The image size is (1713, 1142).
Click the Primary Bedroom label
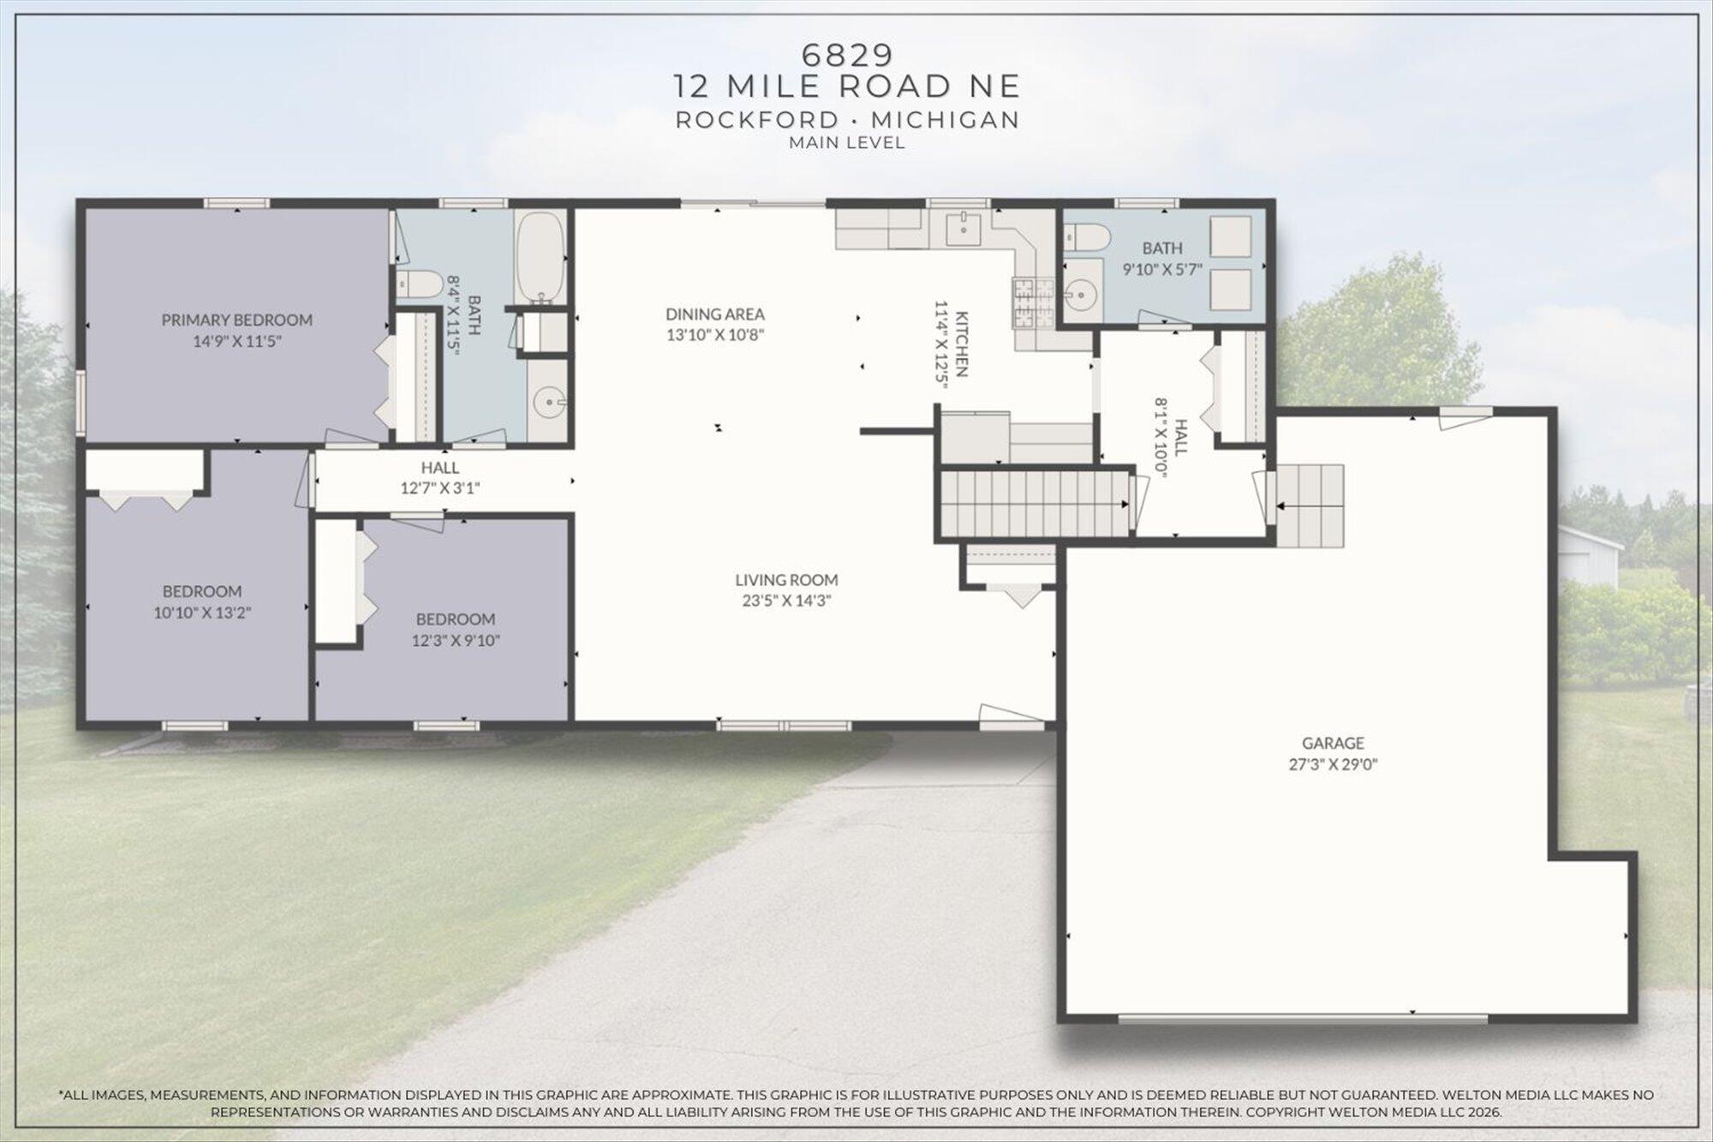(236, 320)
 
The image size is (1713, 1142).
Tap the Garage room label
(1333, 743)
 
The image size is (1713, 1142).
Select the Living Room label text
(786, 580)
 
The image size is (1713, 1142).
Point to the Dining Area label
(714, 314)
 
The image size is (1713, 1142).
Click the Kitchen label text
(962, 344)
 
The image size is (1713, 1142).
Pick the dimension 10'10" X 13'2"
(202, 613)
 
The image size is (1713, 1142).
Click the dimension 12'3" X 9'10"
(456, 640)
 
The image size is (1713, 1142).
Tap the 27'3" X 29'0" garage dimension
(1333, 764)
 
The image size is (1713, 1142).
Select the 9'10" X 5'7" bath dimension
(1162, 269)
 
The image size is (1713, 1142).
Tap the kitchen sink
(966, 229)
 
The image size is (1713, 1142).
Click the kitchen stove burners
(1026, 304)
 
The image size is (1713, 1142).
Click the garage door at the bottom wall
(1303, 1019)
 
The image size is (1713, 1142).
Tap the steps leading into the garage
(1309, 505)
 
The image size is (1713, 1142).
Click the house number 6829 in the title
(847, 55)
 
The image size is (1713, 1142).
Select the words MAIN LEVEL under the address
(846, 143)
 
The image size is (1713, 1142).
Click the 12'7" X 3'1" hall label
(440, 478)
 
